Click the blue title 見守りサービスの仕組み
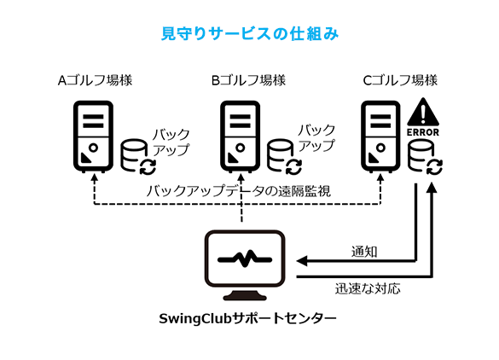point(250,34)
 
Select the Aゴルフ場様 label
point(95,80)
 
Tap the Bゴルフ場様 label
point(248,80)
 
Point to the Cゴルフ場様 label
point(400,80)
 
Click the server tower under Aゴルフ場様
point(94,136)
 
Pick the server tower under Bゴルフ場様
point(241,136)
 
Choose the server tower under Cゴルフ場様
point(380,136)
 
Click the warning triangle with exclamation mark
point(423,112)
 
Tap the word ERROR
point(423,132)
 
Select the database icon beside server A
point(137,156)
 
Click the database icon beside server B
point(284,156)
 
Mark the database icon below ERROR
point(425,158)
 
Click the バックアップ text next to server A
point(171,142)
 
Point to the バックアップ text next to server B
point(316,138)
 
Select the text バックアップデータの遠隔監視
point(239,191)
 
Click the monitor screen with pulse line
point(245,259)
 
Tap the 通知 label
point(364,252)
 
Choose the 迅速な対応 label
point(368,288)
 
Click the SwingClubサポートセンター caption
point(247,318)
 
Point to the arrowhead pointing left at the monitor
point(302,261)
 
